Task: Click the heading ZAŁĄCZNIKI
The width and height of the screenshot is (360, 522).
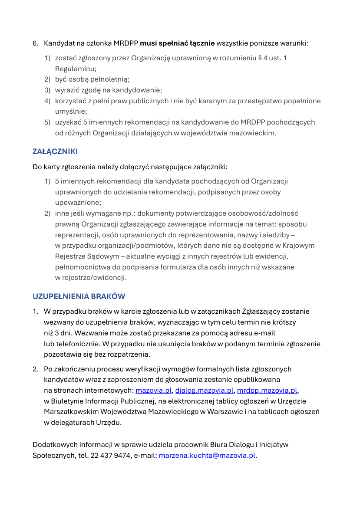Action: [55, 151]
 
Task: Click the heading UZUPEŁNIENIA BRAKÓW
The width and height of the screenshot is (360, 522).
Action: [79, 296]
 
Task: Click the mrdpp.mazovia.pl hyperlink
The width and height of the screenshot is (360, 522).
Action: [267, 390]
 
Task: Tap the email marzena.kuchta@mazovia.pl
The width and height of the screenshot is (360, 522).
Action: [207, 455]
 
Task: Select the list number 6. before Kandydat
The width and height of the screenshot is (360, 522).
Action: [36, 43]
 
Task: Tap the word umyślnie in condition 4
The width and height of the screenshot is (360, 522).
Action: [70, 112]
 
